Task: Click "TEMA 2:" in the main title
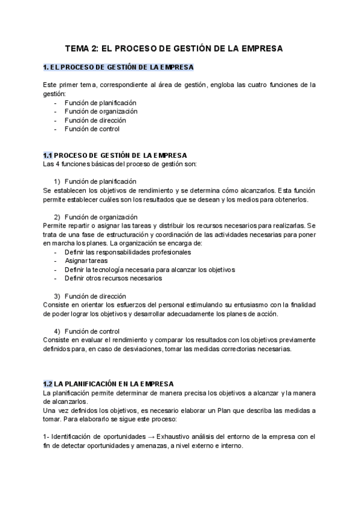(x=81, y=47)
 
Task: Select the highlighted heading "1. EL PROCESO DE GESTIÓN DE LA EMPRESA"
(x=118, y=67)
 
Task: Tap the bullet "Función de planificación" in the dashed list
(x=101, y=103)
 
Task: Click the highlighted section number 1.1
(x=48, y=155)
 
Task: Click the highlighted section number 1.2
(x=49, y=384)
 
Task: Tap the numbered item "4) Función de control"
(x=87, y=331)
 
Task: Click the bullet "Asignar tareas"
(x=86, y=261)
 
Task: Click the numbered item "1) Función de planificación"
(x=95, y=181)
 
